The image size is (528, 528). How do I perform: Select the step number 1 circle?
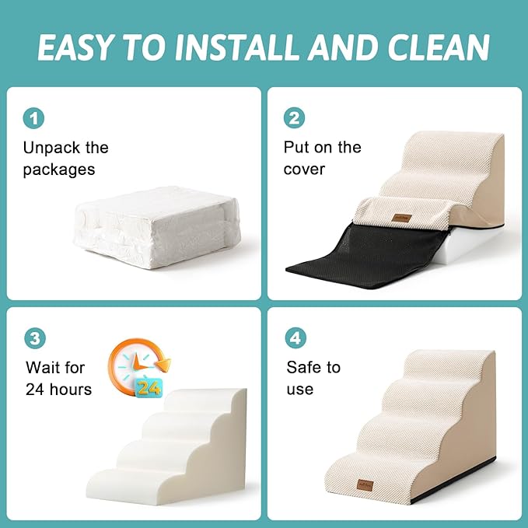point(34,118)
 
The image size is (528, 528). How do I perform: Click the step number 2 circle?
point(295,118)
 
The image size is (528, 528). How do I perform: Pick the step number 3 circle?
point(34,338)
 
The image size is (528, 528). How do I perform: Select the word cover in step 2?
point(304,169)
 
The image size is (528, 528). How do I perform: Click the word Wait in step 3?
point(44,367)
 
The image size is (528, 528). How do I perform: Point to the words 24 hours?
point(58,389)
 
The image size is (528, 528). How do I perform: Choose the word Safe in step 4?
point(304,367)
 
